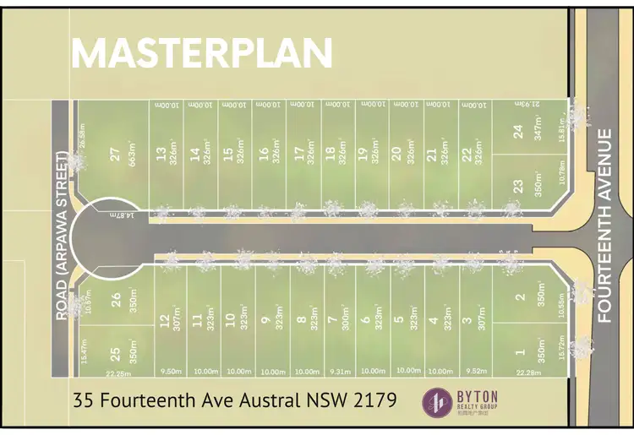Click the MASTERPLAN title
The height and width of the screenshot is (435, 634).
(x=202, y=52)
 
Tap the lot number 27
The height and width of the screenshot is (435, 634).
(x=113, y=155)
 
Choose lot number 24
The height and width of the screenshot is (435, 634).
(x=519, y=131)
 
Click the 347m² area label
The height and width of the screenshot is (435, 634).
(x=538, y=131)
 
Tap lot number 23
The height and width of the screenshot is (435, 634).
(x=519, y=186)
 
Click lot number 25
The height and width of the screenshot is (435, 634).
(x=115, y=351)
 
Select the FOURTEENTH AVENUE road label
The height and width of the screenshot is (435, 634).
(x=604, y=226)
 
